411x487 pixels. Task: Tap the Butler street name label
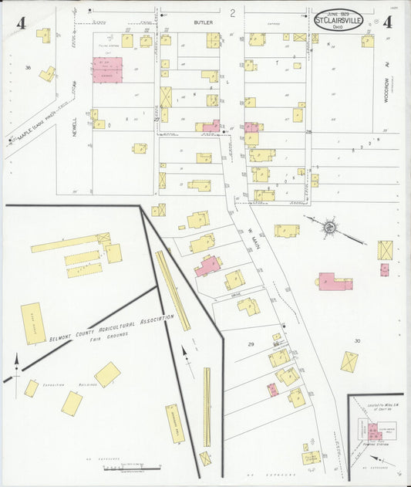202,23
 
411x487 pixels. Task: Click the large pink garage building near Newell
107,69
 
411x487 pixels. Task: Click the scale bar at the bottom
132,468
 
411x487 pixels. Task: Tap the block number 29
251,343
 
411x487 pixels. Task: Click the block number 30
357,340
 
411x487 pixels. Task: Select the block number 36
28,68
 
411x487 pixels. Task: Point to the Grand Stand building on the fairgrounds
33,323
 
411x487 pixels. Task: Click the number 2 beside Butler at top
232,13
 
